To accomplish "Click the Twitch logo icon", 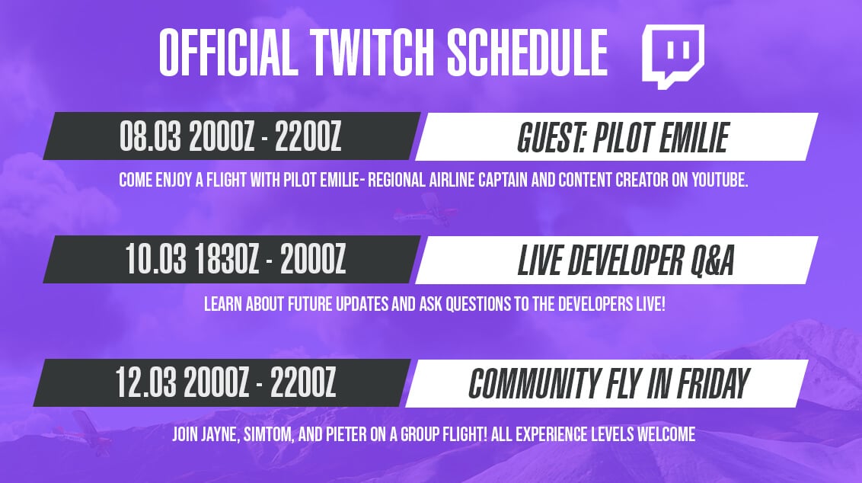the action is click(x=673, y=56).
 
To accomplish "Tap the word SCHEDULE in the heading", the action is click(x=527, y=53).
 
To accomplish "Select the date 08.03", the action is click(x=150, y=136).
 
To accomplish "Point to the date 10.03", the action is click(x=155, y=259).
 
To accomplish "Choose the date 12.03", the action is click(x=146, y=382).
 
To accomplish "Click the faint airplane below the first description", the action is click(x=424, y=208).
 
